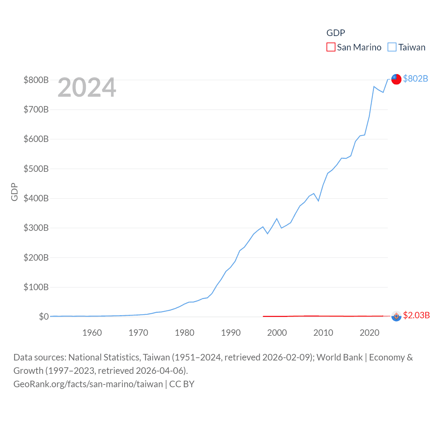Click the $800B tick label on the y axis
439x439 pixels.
[x=36, y=80]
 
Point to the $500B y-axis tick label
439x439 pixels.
[x=36, y=169]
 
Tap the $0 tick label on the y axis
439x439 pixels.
[x=44, y=317]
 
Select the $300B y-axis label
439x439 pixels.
[x=36, y=228]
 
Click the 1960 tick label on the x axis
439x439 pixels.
[x=92, y=333]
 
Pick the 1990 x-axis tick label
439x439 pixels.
[x=231, y=333]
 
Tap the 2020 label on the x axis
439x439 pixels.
[x=369, y=333]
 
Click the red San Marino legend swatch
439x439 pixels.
[x=331, y=47]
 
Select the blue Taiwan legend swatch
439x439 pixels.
[x=392, y=47]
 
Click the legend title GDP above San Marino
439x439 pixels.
[x=335, y=33]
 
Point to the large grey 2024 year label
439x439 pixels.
[x=87, y=87]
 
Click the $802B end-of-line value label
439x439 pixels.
[x=415, y=79]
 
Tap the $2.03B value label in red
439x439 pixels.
[x=416, y=315]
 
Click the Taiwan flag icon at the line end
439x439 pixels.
[x=396, y=79]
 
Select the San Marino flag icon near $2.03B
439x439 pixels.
[x=396, y=316]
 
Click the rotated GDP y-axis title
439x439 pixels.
[x=14, y=192]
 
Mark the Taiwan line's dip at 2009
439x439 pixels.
[x=319, y=201]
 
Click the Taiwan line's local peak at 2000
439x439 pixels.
[x=277, y=218]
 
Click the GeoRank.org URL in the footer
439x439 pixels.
[x=88, y=384]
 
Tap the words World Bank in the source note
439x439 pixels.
[x=340, y=357]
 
